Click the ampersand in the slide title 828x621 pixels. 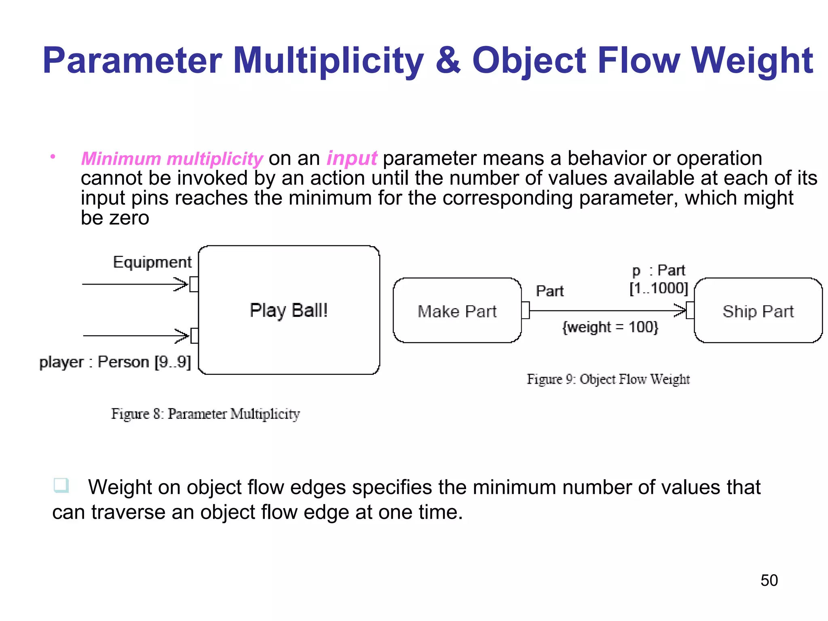click(x=448, y=61)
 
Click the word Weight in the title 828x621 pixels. click(x=752, y=61)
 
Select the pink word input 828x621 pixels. click(x=352, y=158)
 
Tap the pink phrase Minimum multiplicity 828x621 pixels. click(x=172, y=158)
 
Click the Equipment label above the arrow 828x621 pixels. click(x=152, y=262)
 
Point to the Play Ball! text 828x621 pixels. click(x=289, y=310)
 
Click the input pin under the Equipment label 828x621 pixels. click(x=194, y=284)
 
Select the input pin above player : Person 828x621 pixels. click(x=194, y=336)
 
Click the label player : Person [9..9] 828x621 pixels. click(x=115, y=362)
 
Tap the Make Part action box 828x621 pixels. click(x=457, y=310)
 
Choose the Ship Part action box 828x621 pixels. click(x=758, y=310)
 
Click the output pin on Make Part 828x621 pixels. click(x=526, y=310)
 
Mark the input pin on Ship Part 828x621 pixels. click(x=690, y=310)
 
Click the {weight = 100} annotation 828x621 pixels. click(x=610, y=327)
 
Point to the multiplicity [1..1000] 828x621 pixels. click(x=659, y=288)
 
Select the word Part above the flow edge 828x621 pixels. click(x=549, y=291)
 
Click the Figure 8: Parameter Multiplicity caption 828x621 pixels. click(x=205, y=414)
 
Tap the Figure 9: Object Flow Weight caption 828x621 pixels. click(x=608, y=379)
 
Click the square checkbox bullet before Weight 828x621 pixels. click(x=61, y=485)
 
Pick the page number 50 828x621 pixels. click(x=769, y=580)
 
